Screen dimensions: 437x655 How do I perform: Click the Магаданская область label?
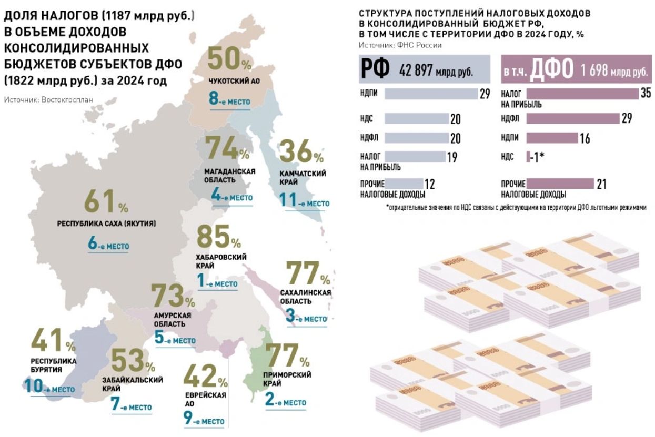[x=230, y=175]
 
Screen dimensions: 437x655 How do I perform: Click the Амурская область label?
[x=172, y=319]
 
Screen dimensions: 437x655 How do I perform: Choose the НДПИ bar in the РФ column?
[x=430, y=94]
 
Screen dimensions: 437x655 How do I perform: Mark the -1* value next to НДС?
[x=536, y=157]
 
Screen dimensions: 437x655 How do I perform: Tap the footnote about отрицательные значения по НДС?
[x=516, y=207]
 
